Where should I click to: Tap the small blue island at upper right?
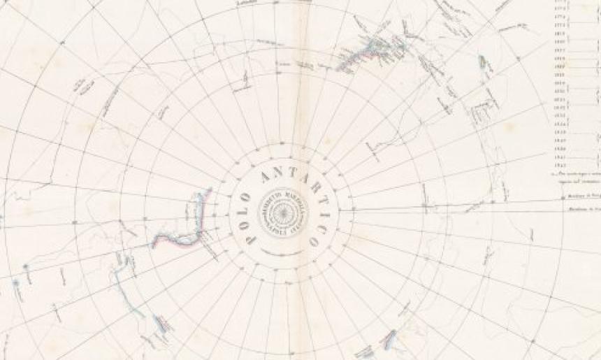[482, 62]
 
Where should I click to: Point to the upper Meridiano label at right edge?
[584, 197]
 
